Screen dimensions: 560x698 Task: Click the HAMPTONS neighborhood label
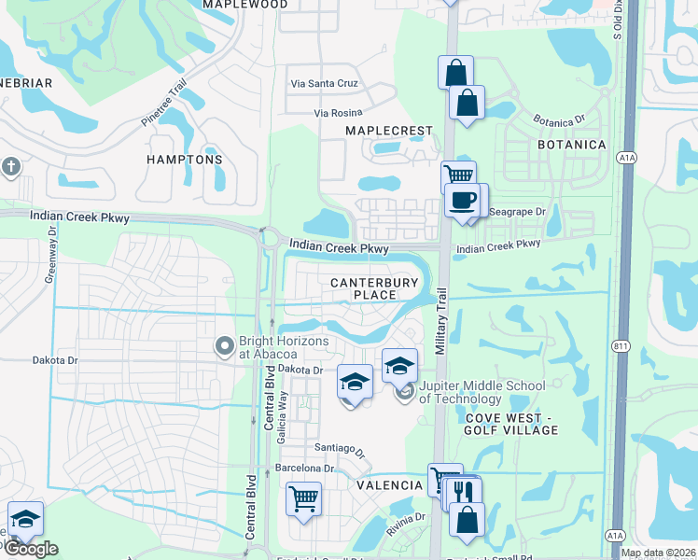click(x=185, y=160)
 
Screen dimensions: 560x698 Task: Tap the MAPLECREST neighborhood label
click(x=389, y=131)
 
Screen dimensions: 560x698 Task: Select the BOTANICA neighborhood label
click(x=572, y=145)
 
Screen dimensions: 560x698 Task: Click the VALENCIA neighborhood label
click(x=389, y=485)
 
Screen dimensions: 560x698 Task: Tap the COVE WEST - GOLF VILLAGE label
click(x=511, y=423)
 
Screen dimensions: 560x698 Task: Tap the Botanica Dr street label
click(x=558, y=120)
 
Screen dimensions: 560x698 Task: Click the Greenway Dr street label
click(x=52, y=253)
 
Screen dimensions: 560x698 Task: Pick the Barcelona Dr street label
click(x=303, y=468)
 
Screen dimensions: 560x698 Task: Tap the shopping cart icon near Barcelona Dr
click(x=303, y=498)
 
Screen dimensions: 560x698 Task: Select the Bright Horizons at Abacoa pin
click(x=224, y=347)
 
